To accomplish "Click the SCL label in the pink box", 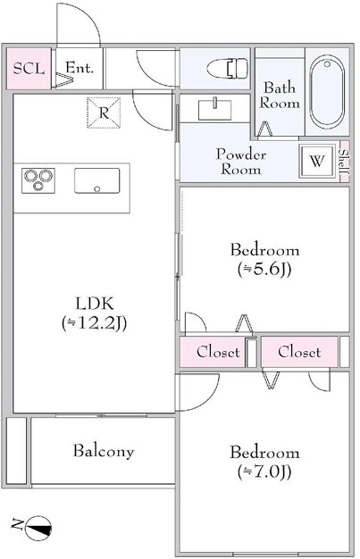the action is (29, 69).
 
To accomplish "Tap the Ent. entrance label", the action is (80, 67).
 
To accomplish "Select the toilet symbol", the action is (227, 68).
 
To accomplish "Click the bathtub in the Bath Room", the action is (327, 92).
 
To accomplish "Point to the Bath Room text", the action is (280, 96).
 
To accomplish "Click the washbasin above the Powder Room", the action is (214, 108).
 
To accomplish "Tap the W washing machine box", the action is (317, 161).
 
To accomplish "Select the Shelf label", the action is (344, 162).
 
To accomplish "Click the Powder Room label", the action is (241, 162).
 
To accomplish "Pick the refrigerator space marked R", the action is (104, 113).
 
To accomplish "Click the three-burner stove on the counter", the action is (38, 180).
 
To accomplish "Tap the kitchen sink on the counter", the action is (97, 180).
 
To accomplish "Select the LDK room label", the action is (95, 304).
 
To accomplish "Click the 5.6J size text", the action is (264, 269).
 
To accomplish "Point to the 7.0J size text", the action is (264, 471).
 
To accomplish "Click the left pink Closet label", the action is (218, 352).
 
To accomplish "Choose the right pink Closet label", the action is (299, 352).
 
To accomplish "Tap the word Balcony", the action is (104, 451).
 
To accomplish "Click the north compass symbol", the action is (38, 528).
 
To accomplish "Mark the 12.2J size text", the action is (95, 323).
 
